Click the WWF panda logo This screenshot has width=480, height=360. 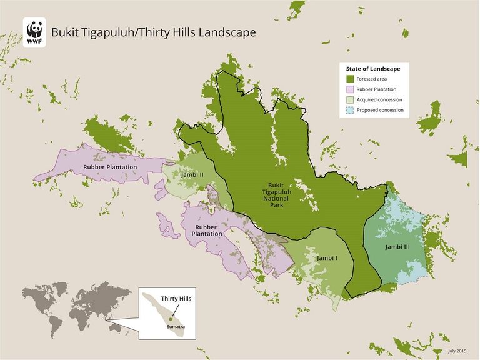(34, 32)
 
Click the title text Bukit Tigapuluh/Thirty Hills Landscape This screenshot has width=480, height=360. (153, 32)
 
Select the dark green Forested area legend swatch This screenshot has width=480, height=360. (351, 79)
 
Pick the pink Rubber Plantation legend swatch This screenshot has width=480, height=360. (351, 89)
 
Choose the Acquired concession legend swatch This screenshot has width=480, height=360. (351, 99)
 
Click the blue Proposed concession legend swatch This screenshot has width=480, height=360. (351, 110)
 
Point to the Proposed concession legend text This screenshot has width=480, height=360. (380, 110)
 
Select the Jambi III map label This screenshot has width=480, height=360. (397, 247)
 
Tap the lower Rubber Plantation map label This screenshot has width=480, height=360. (208, 230)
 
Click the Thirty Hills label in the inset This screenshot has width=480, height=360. (176, 299)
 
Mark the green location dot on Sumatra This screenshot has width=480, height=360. (162, 319)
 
